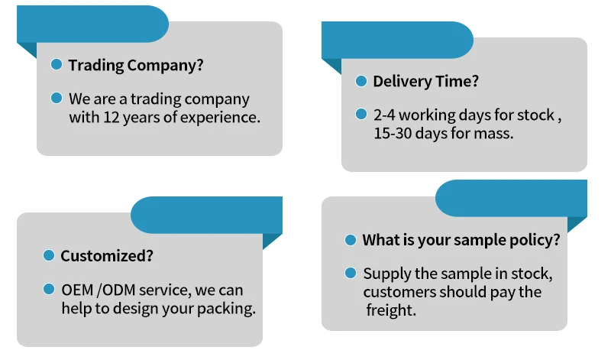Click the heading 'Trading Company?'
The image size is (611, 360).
136,65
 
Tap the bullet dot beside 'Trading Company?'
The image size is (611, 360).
57,64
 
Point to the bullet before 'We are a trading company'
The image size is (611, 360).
57,98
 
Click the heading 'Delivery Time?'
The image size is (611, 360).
425,81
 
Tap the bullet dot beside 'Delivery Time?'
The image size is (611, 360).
361,80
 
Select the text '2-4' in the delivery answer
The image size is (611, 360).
384,115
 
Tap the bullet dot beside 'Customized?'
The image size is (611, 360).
49,255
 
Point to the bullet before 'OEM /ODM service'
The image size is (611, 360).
49,289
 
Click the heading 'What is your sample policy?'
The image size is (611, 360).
461,240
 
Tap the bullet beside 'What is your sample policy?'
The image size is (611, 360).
351,239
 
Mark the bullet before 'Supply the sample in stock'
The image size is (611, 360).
351,272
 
